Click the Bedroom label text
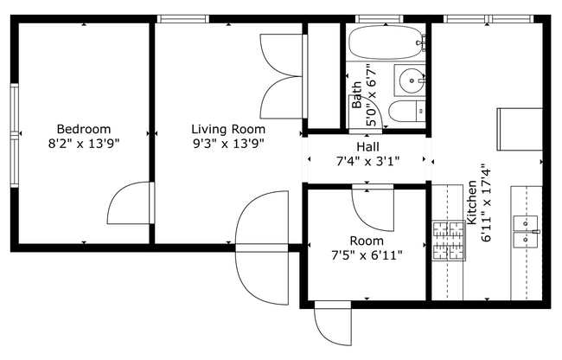(84, 129)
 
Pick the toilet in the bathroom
(406, 111)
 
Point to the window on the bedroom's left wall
(15, 134)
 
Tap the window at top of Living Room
(183, 18)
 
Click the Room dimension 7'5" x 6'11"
(367, 254)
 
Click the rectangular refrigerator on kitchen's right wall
(519, 131)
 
